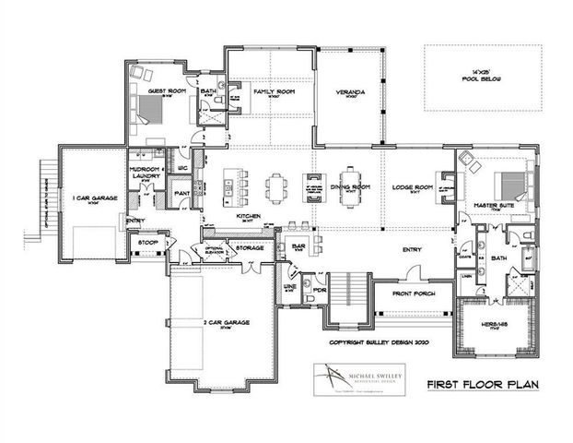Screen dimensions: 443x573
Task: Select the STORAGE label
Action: tap(250, 247)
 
